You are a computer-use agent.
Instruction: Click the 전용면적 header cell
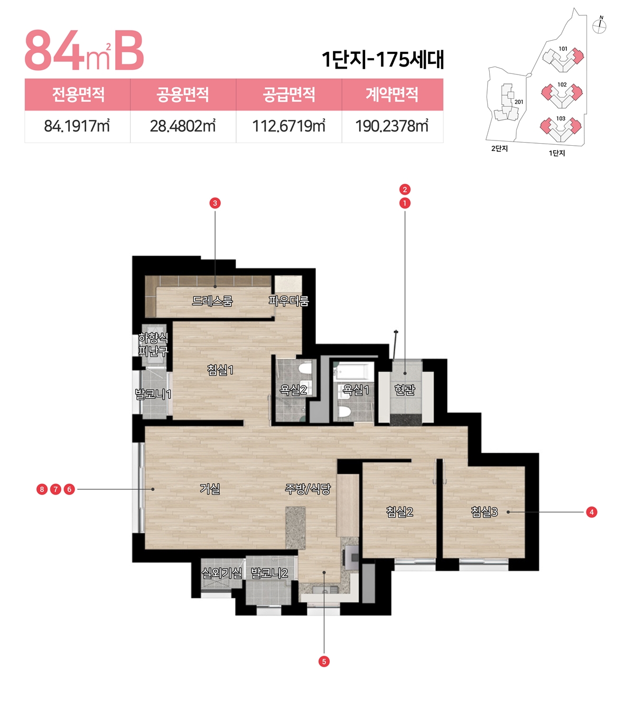pos(78,95)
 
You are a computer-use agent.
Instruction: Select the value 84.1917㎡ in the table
pos(77,126)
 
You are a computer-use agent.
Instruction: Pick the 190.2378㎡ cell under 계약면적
pos(392,126)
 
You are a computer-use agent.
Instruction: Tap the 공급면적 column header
pos(289,95)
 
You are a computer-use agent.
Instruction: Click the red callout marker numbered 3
pos(215,203)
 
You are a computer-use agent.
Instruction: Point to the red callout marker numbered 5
pos(324,661)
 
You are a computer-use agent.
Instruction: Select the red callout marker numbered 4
pos(591,512)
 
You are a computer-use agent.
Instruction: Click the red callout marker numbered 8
pos(42,489)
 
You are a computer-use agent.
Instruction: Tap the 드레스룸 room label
pos(212,301)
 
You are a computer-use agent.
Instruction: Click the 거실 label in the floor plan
pos(210,489)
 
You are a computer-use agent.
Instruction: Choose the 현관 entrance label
pos(405,390)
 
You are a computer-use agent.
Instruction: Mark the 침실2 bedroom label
pos(399,512)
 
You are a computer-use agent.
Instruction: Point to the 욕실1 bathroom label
pos(356,390)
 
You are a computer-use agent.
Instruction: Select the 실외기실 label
pos(222,573)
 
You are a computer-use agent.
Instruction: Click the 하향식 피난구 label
pos(153,344)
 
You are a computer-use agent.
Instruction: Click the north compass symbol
pos(600,25)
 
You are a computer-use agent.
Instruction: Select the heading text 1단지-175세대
pos(383,59)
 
